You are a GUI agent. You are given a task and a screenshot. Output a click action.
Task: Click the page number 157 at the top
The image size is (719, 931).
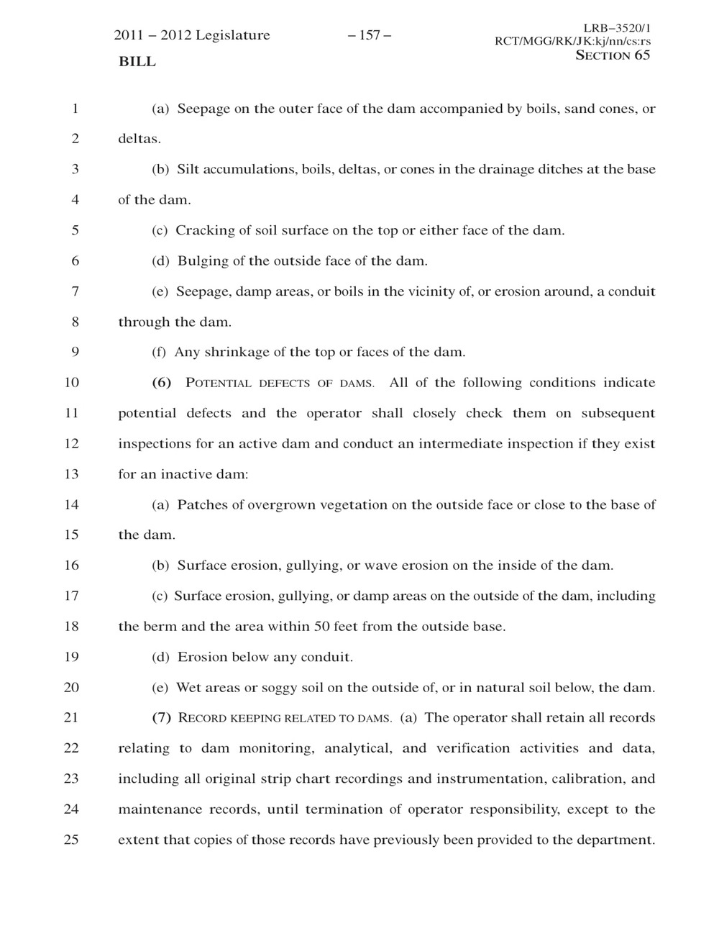(x=369, y=35)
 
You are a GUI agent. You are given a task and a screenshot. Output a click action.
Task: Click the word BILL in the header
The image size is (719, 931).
(x=137, y=62)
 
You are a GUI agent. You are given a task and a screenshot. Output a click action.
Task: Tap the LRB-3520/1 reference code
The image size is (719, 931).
(x=616, y=28)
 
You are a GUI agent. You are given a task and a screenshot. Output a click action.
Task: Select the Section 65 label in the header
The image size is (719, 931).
(x=613, y=55)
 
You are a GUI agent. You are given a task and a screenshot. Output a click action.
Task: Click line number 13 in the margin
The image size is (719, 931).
(x=71, y=474)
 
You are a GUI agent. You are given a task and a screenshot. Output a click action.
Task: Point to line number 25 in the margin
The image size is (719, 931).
(x=71, y=839)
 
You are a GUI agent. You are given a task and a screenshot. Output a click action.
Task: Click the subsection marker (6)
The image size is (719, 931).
(x=162, y=383)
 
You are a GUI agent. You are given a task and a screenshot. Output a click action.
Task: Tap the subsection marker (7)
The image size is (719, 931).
(x=162, y=717)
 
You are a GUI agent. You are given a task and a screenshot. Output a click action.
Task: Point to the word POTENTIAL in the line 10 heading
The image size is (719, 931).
(x=219, y=383)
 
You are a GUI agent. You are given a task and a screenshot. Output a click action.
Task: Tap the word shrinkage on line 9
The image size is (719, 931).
(x=237, y=353)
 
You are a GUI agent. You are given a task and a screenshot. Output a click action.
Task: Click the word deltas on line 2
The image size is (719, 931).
(x=138, y=139)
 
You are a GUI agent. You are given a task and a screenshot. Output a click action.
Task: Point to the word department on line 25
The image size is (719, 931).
(x=617, y=840)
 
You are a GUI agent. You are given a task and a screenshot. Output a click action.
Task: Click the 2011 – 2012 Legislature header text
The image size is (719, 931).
(x=192, y=35)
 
